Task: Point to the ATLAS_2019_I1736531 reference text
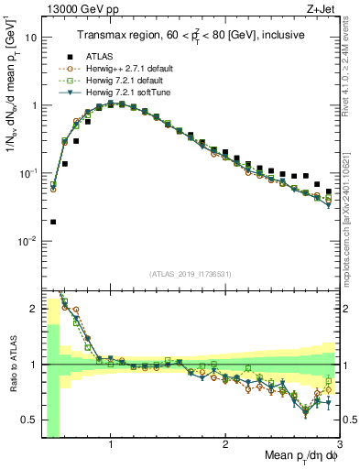click(x=190, y=273)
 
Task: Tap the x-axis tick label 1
click(x=111, y=444)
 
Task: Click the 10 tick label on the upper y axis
click(x=29, y=38)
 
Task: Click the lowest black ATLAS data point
click(x=53, y=222)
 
